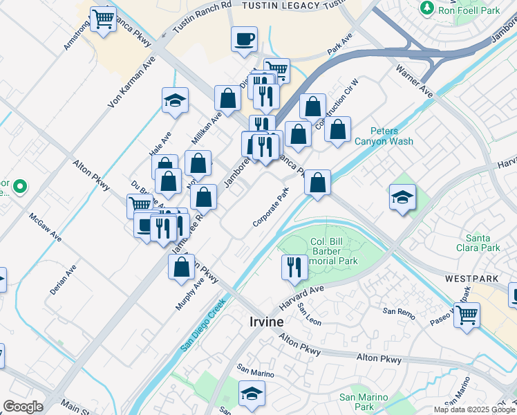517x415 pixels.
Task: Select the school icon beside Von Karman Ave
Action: pos(176,100)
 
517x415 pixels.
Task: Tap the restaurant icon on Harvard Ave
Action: pos(294,266)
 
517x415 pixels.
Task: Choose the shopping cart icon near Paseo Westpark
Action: pos(467,315)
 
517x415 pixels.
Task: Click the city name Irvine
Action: pos(266,322)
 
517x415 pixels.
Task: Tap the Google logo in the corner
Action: pos(23,407)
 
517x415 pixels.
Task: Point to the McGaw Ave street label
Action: pos(46,227)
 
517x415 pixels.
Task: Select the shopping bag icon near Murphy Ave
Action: pos(181,267)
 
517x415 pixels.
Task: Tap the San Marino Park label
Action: pos(361,403)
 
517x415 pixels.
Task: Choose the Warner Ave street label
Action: pos(415,82)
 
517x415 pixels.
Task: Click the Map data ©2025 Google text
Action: pos(474,409)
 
